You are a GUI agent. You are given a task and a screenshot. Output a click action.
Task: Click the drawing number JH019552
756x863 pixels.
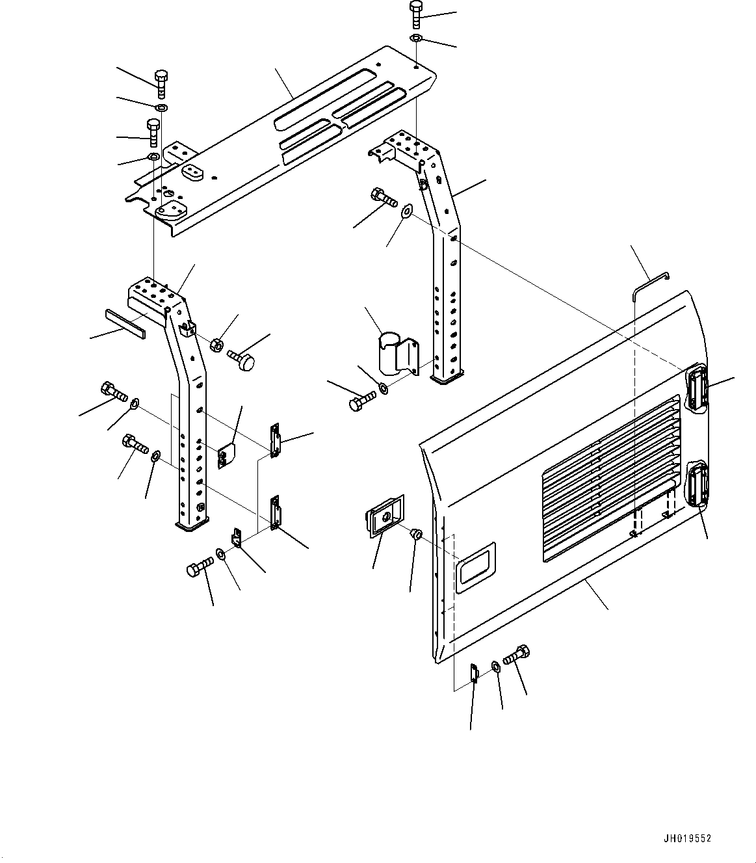click(687, 838)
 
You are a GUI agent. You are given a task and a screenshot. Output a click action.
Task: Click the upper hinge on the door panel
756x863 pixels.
click(697, 388)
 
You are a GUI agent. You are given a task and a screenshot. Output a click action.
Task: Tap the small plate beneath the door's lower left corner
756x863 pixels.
click(474, 672)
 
